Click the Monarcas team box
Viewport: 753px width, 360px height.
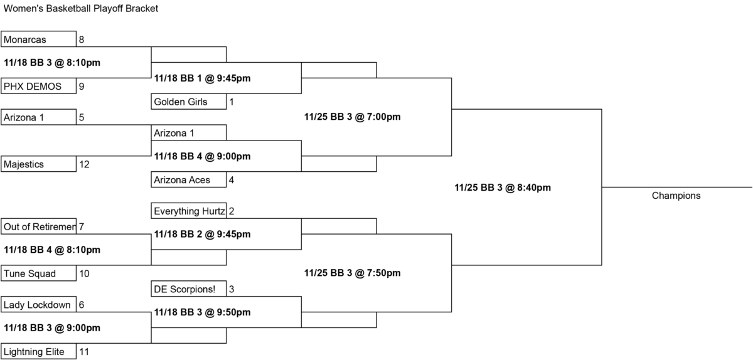click(x=38, y=39)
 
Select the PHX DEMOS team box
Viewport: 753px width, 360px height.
click(x=38, y=86)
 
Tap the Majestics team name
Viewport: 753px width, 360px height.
click(x=24, y=164)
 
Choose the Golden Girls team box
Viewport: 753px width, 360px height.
click(x=189, y=102)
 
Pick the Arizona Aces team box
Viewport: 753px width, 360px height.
click(x=189, y=179)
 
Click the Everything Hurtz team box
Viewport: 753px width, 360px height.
click(x=189, y=211)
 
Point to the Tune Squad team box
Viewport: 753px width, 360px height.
click(x=38, y=273)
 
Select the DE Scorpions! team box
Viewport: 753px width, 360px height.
click(x=189, y=289)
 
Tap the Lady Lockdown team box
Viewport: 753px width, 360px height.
click(x=38, y=305)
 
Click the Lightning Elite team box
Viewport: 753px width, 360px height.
click(x=38, y=351)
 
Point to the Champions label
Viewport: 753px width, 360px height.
click(x=676, y=196)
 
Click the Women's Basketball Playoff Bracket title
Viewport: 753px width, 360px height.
click(x=81, y=8)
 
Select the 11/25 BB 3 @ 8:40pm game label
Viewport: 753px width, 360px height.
click(x=503, y=188)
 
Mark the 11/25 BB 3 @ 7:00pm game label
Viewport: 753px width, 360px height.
click(x=352, y=117)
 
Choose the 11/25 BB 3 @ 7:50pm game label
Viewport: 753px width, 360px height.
click(x=352, y=273)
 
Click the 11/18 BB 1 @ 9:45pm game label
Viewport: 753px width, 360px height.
click(x=202, y=78)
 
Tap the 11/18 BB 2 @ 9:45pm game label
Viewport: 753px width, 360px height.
click(x=202, y=235)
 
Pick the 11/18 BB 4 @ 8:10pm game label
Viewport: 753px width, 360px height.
click(x=51, y=250)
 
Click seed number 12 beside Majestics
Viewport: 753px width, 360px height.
click(x=84, y=164)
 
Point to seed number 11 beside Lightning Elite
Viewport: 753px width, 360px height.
click(x=84, y=352)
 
